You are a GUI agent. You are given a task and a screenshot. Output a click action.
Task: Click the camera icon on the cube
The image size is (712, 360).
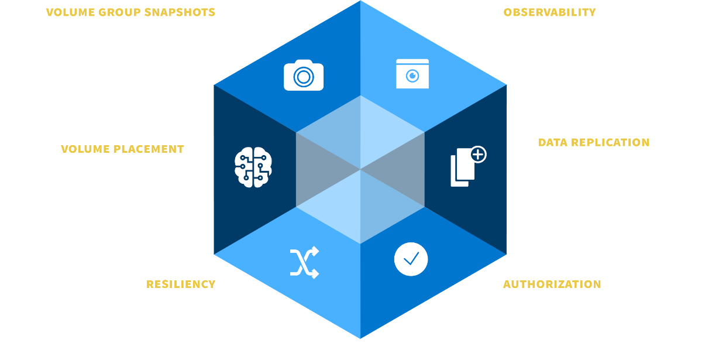pyautogui.click(x=304, y=76)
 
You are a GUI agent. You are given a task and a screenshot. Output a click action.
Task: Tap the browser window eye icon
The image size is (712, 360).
pyautogui.click(x=412, y=74)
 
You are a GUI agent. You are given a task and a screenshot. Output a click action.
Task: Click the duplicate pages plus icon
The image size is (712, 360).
pyautogui.click(x=468, y=167)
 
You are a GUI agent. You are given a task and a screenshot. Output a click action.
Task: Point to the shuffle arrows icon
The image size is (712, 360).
pyautogui.click(x=304, y=262)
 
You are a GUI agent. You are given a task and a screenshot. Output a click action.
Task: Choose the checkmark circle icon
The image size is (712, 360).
pyautogui.click(x=411, y=258)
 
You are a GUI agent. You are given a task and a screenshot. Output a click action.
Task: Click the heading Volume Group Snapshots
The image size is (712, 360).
pyautogui.click(x=130, y=12)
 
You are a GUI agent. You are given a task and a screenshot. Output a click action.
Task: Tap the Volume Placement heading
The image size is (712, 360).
pyautogui.click(x=122, y=149)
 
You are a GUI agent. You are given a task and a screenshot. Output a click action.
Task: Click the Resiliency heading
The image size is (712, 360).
pyautogui.click(x=181, y=284)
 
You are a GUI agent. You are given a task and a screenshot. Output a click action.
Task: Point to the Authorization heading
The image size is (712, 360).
pyautogui.click(x=552, y=284)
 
